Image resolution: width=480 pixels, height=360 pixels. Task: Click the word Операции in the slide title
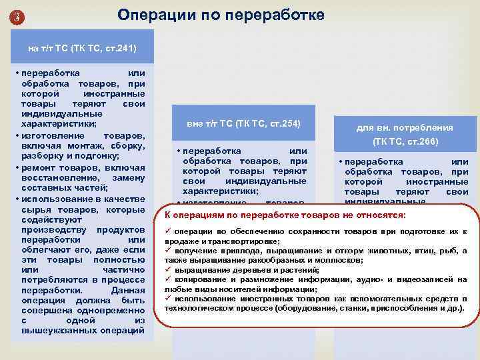point(151,14)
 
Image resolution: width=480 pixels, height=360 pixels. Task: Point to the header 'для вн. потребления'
point(404,127)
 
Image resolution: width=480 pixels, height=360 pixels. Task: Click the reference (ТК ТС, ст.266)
point(404,141)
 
